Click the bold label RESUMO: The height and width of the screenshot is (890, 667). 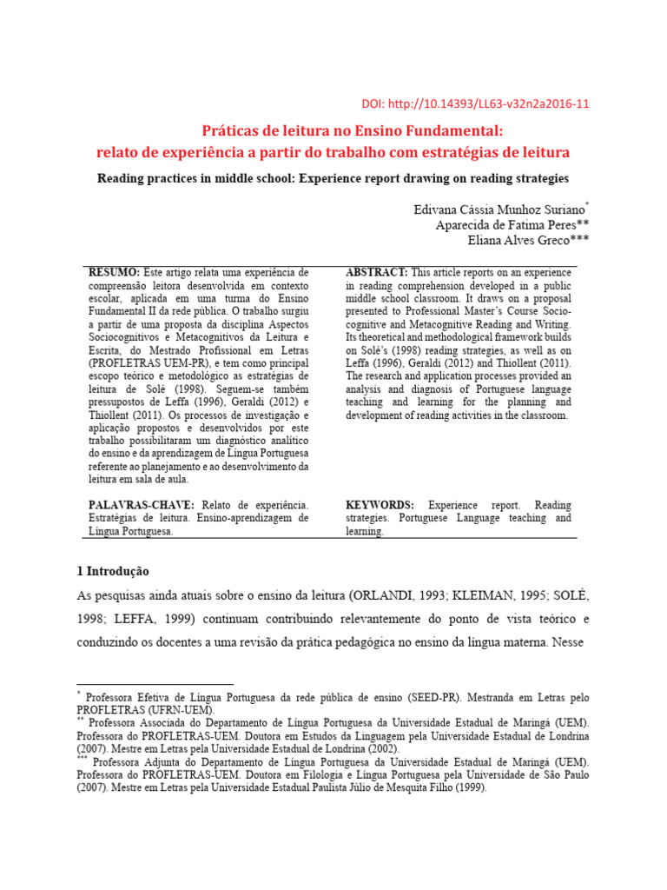114,273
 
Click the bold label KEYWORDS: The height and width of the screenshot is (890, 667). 380,505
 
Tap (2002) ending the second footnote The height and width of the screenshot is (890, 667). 384,747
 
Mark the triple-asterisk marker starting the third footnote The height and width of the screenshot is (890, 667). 81,758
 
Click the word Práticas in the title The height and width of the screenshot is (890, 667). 230,131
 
